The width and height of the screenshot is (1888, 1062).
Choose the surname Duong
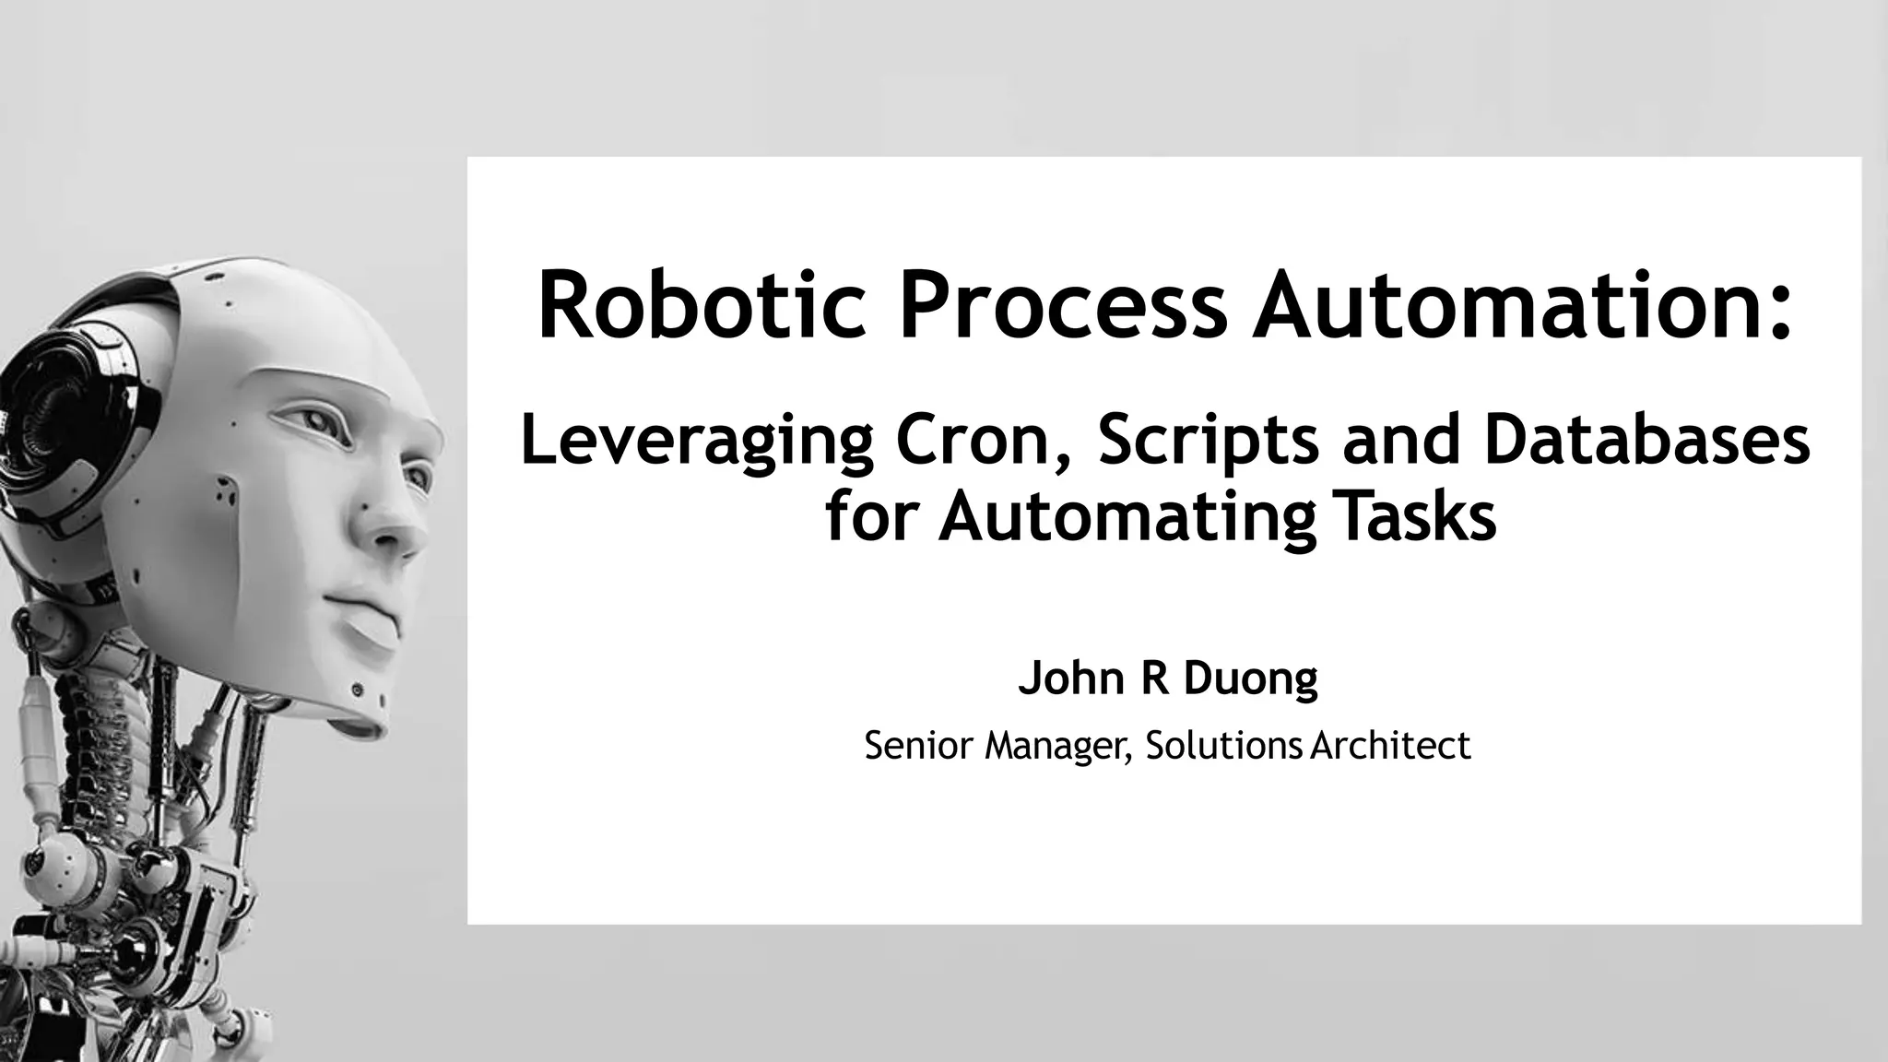(1250, 679)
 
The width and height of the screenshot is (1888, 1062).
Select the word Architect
(1390, 745)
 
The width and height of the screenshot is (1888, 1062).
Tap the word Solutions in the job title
(1224, 745)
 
